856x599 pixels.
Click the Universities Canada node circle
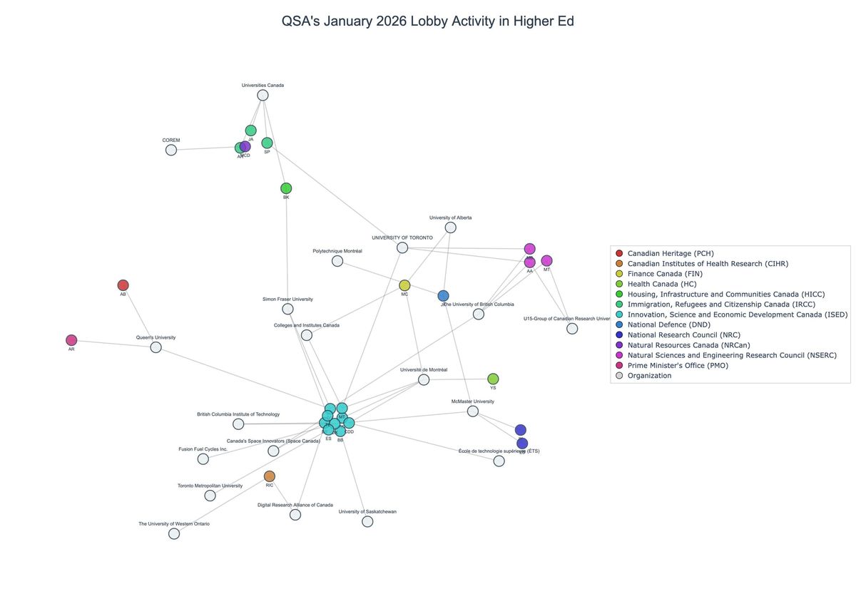tap(263, 96)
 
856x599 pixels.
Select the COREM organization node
tap(171, 150)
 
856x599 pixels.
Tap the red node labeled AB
tap(123, 285)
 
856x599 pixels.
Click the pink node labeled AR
tap(71, 340)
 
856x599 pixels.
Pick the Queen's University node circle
tap(156, 347)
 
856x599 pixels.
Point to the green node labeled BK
tap(286, 188)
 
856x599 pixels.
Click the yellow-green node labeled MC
tap(404, 285)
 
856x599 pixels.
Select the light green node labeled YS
tap(493, 379)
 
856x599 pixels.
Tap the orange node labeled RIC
tap(269, 476)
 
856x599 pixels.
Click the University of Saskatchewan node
tap(367, 521)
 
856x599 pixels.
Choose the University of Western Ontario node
tap(174, 533)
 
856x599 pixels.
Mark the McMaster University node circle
tap(472, 411)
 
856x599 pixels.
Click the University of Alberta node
tap(450, 227)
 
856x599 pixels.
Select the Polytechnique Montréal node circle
tap(337, 261)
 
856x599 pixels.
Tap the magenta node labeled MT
tap(546, 261)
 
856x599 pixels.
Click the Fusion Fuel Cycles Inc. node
tap(203, 459)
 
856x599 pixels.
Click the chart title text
tap(428, 21)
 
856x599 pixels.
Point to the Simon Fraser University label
tap(287, 299)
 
